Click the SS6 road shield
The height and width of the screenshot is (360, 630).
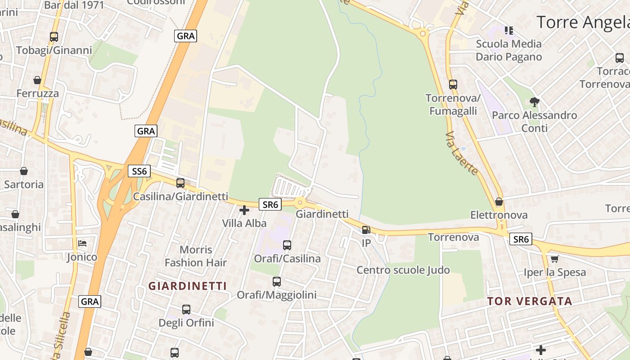139,171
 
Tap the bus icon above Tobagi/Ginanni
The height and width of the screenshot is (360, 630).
54,37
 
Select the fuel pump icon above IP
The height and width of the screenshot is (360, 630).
366,230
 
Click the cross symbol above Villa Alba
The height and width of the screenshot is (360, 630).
244,210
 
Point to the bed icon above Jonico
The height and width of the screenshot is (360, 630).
82,243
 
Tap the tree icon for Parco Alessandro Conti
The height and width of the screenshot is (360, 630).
534,102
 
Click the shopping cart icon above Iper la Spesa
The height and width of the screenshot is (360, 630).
555,259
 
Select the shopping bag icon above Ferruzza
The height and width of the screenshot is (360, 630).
37,80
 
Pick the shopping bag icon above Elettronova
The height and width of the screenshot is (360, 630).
499,202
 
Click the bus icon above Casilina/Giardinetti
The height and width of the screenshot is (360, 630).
180,183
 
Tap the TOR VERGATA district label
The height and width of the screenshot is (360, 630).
530,301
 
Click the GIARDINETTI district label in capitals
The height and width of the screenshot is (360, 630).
188,286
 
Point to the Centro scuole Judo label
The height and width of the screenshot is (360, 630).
403,270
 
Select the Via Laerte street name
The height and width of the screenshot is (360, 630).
462,153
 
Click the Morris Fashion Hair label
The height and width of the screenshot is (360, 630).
196,256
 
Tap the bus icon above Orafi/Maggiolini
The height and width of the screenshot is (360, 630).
277,282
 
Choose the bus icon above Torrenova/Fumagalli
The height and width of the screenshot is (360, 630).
453,84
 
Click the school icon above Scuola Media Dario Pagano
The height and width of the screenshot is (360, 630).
509,31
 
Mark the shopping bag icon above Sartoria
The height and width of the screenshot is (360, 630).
24,171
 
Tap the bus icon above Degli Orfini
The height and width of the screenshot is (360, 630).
186,310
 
